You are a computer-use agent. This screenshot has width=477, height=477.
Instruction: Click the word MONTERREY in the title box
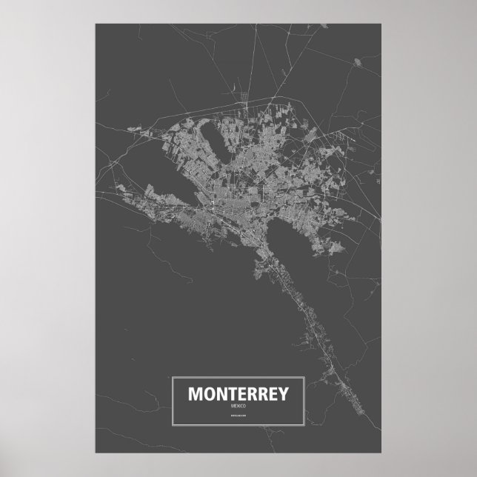point(238,393)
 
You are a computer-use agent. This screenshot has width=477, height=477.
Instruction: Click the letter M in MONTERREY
point(195,393)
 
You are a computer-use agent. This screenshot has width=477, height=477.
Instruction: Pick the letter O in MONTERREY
point(208,393)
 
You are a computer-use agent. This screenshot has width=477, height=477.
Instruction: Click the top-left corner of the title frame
point(172,378)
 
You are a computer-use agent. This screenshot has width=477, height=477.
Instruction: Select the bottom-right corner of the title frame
point(305,427)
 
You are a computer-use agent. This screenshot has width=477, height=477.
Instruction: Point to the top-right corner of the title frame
point(305,378)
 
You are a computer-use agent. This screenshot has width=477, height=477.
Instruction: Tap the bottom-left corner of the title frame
point(172,427)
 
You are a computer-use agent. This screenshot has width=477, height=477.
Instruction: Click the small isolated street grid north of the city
point(245,96)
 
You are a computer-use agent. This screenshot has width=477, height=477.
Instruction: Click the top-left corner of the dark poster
point(96,22)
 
